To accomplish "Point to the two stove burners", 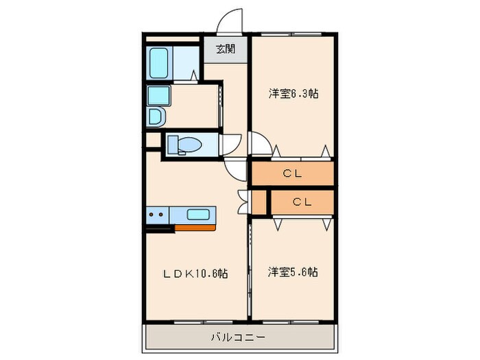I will (156, 215).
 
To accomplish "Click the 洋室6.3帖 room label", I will (293, 95).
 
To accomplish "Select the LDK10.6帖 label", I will (194, 273).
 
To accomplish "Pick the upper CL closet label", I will (293, 174).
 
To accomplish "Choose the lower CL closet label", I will (302, 202).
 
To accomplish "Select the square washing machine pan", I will (159, 95).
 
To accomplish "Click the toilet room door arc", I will (230, 144).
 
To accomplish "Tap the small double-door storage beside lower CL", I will (259, 202).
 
